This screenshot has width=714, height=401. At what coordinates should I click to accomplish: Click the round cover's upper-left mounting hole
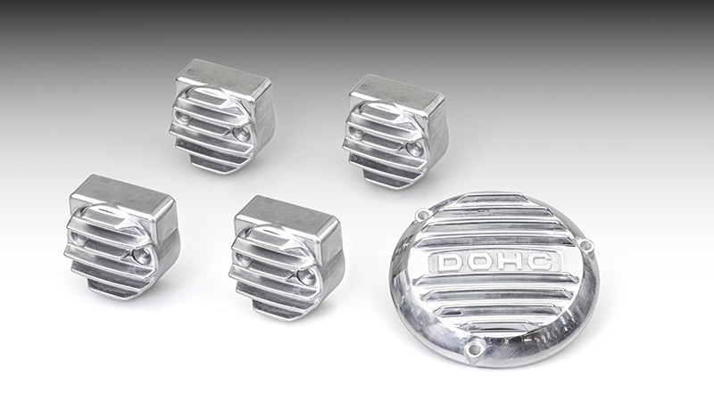tap(424, 213)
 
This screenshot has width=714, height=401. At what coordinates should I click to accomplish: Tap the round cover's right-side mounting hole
tap(586, 246)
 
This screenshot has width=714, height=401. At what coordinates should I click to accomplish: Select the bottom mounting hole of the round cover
tap(474, 349)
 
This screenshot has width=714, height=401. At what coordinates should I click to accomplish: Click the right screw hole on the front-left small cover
tap(141, 256)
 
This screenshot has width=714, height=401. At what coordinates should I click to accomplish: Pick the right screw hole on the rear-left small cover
tap(241, 133)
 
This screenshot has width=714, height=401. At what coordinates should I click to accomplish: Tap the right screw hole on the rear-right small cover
tap(414, 149)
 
